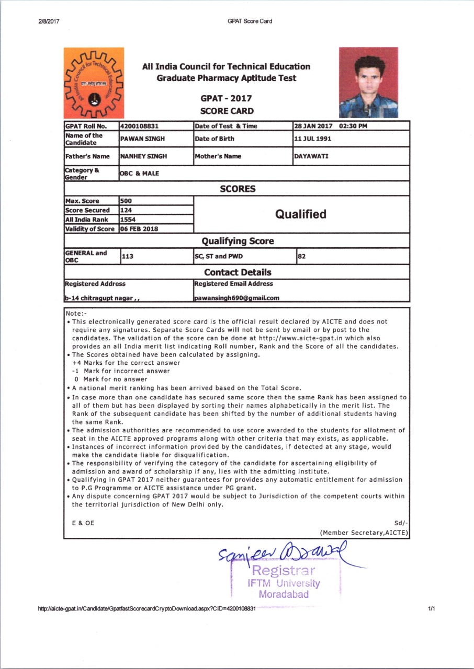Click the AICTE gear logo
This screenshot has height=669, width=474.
(94, 83)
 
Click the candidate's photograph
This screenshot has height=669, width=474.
(368, 82)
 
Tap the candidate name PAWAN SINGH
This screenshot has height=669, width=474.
(141, 139)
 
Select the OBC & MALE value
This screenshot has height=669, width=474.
(140, 174)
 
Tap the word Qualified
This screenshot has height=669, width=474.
(301, 214)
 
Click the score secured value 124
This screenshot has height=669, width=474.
(126, 210)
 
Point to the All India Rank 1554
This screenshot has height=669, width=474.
(128, 220)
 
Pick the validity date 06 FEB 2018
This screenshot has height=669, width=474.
(139, 229)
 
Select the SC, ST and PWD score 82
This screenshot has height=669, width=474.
(301, 256)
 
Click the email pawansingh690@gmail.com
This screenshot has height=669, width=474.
(236, 298)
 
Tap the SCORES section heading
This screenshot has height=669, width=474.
(238, 189)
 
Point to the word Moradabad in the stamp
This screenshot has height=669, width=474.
(284, 594)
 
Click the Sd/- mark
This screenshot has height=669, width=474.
(401, 523)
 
